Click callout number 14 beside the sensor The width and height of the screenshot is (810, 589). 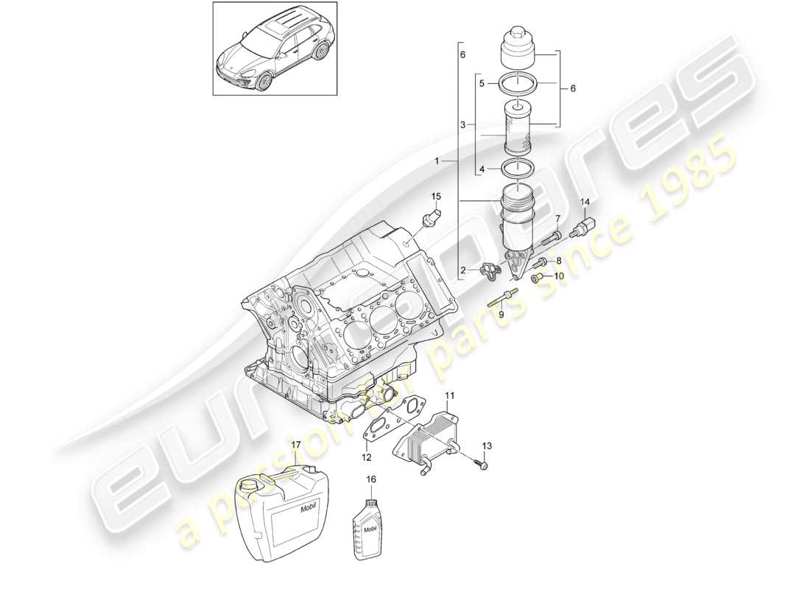pyautogui.click(x=586, y=202)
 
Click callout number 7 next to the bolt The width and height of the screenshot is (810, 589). pyautogui.click(x=557, y=219)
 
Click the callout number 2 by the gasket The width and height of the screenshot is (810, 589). pyautogui.click(x=463, y=270)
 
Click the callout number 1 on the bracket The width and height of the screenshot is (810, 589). pyautogui.click(x=437, y=160)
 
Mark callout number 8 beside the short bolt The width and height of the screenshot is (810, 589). pyautogui.click(x=558, y=261)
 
